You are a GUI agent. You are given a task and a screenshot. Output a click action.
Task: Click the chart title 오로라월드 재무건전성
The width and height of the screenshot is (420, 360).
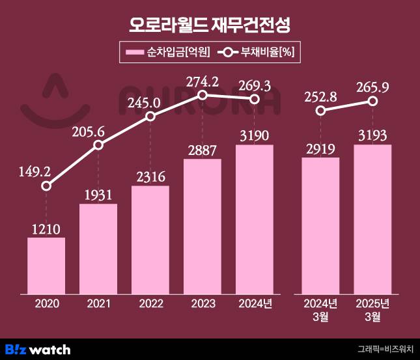210,25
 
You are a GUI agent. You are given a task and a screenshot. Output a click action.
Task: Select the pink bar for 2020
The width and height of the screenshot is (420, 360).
46,265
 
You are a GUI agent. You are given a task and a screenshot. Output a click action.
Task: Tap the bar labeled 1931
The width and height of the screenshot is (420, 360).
98,248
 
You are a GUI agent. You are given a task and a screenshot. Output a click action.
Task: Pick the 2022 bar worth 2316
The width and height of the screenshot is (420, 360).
150,240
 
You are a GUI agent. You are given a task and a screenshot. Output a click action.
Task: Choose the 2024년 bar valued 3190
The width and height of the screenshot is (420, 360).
255,219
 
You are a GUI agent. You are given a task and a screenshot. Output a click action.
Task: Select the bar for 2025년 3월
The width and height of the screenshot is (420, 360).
372,219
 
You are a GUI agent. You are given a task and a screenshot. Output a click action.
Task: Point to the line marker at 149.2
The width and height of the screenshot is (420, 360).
46,186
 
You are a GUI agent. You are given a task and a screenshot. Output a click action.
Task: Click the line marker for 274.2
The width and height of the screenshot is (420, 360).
203,95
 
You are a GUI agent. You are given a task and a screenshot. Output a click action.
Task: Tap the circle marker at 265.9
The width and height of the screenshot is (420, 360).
372,102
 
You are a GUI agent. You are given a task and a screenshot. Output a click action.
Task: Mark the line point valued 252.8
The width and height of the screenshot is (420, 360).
320,111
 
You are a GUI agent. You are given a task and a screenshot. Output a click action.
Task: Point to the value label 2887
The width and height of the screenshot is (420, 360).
203,150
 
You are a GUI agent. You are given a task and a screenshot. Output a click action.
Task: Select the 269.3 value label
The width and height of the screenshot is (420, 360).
255,85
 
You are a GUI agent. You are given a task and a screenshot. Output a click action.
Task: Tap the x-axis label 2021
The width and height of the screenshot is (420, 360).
98,303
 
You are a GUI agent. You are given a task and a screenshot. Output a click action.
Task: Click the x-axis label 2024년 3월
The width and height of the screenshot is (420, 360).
320,309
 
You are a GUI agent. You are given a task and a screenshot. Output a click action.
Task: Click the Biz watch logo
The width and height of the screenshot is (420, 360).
38,350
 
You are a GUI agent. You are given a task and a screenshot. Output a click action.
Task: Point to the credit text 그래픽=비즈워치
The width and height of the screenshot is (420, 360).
385,350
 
